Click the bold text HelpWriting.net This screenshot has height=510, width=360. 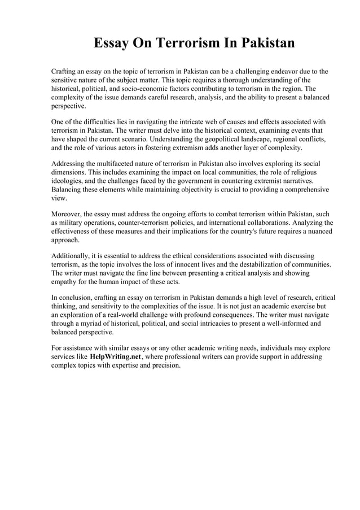(115, 358)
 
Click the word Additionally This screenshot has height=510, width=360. (71, 255)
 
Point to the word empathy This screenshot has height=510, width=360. (66, 281)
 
